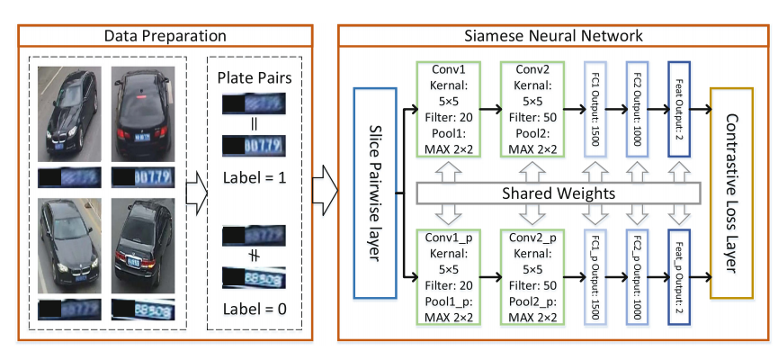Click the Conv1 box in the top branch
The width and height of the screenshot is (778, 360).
(448, 109)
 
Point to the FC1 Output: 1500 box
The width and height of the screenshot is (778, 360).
(597, 109)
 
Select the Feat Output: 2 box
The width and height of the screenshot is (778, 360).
(679, 109)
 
